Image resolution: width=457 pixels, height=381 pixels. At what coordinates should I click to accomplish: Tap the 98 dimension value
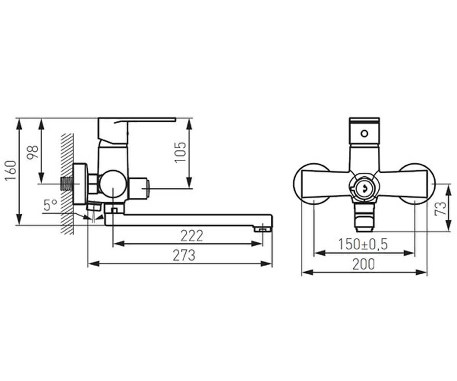pos(32,152)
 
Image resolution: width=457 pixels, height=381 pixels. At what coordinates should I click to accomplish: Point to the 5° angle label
pos(51,205)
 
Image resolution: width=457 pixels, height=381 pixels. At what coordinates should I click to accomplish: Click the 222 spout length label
pos(192,236)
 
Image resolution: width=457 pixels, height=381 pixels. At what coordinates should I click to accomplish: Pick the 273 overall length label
pos(184,255)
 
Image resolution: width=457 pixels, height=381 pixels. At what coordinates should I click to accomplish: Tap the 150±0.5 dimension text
pos(363,244)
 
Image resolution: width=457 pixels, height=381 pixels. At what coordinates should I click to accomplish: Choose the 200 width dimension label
pos(364,264)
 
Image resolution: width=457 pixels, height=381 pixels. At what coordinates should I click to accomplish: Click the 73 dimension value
pos(440,208)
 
